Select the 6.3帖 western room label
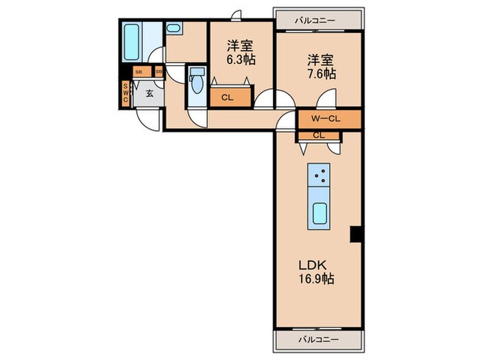(x=241, y=53)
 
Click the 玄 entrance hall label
(x=148, y=93)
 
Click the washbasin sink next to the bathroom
(x=174, y=29)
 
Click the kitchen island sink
(x=319, y=214)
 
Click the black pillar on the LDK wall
(x=355, y=234)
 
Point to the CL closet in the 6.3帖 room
(x=228, y=97)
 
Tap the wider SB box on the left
(x=139, y=71)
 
